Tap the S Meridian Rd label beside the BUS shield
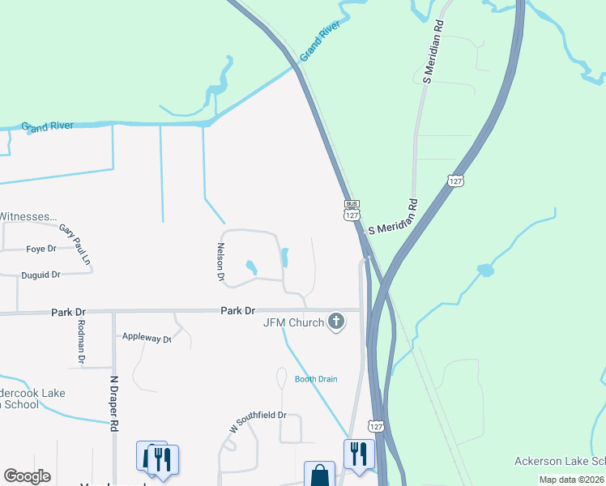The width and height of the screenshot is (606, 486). [x=393, y=217]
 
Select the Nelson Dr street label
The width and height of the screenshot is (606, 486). [x=220, y=262]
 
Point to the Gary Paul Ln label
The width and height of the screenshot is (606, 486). [x=75, y=245]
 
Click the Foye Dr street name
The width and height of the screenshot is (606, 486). [x=41, y=249]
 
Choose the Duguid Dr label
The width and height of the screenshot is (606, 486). [x=41, y=275]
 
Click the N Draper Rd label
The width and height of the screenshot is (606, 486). [x=114, y=402]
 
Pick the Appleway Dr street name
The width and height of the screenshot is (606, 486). [x=147, y=338]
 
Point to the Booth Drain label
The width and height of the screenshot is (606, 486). [x=315, y=379]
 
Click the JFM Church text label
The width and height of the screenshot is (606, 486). [x=292, y=322]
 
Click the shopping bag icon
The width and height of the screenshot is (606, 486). [x=319, y=475]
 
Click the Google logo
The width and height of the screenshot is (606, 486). [x=28, y=476]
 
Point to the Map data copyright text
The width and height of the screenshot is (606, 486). [x=572, y=480]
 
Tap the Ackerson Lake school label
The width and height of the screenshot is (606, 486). [x=560, y=462]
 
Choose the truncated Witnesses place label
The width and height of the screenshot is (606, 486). [x=29, y=217]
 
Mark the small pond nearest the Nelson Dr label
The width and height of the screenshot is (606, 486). [x=250, y=266]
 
